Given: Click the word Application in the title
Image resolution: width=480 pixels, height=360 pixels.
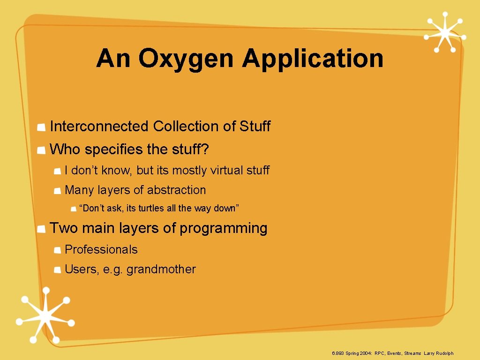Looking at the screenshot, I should click(x=313, y=59).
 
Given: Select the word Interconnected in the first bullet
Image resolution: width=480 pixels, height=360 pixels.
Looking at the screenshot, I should click(x=99, y=127).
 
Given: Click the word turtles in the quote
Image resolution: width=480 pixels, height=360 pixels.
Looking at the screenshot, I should click(x=150, y=208).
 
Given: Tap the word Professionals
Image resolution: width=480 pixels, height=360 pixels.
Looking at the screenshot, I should click(x=101, y=249).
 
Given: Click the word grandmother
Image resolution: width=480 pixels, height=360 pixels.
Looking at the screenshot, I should click(x=161, y=269).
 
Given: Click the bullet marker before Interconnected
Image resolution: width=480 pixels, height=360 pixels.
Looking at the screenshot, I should click(x=42, y=127).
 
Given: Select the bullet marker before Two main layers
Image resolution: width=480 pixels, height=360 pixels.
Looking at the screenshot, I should click(x=42, y=229).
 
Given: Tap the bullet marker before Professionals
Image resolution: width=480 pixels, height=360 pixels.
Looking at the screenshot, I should click(x=57, y=250).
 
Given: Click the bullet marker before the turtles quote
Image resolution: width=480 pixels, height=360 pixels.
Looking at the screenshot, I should click(x=73, y=209).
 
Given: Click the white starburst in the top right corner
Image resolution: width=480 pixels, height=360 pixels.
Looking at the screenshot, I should click(x=444, y=32).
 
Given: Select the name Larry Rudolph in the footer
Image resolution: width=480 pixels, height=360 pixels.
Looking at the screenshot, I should click(x=439, y=353).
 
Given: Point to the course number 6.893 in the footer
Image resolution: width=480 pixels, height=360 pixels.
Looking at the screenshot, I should click(x=337, y=353).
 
